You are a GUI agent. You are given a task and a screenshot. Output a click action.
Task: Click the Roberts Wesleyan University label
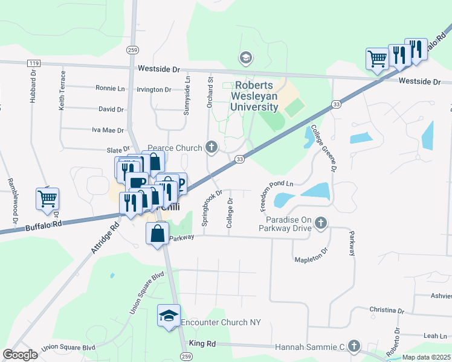pyautogui.click(x=254, y=96)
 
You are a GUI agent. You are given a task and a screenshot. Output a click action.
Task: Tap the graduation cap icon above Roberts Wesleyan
pyautogui.click(x=245, y=58)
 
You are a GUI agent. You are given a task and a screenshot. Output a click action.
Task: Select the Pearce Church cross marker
pyautogui.click(x=211, y=147)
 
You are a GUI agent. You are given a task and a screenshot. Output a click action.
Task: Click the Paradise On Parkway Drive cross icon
pyautogui.click(x=321, y=223)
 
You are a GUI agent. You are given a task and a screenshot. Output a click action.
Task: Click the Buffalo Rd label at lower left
pyautogui.click(x=44, y=226)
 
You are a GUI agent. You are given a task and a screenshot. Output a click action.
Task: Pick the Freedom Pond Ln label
pyautogui.click(x=277, y=192)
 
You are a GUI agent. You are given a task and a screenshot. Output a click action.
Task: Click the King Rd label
pyautogui.click(x=202, y=343)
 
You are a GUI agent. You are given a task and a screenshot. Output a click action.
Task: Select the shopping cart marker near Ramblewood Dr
pyautogui.click(x=48, y=198)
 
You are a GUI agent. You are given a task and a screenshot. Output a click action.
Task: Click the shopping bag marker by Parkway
pyautogui.click(x=157, y=233)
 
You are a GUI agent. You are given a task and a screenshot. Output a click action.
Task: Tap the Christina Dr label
pyautogui.click(x=387, y=311)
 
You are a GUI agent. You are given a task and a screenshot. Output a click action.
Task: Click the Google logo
pyautogui.click(x=20, y=355)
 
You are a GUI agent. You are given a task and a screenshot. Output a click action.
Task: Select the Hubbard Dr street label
pyautogui.click(x=33, y=88)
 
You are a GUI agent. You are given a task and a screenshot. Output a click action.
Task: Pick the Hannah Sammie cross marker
pyautogui.click(x=354, y=346)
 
